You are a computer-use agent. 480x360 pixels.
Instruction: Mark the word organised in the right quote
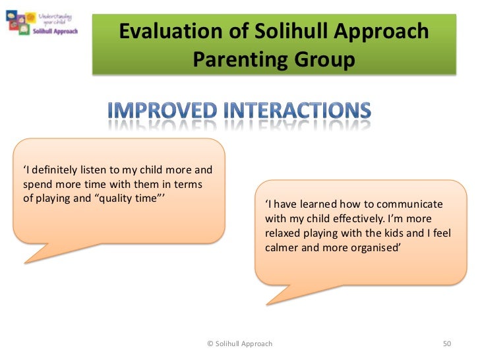pos(373,248)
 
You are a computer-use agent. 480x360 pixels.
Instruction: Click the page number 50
pos(446,344)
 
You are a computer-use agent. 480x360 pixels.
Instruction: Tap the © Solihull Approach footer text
pos(239,344)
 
